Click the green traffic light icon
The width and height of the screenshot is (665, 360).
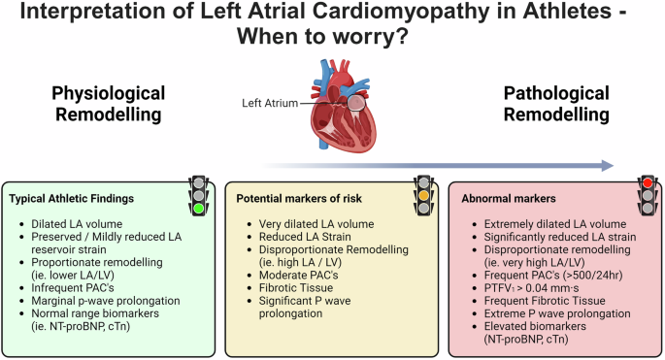coord(199,193)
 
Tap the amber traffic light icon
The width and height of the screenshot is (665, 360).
coord(422,193)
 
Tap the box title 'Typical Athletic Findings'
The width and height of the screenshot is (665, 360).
coord(72,198)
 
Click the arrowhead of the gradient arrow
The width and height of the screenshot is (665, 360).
coord(608,165)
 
